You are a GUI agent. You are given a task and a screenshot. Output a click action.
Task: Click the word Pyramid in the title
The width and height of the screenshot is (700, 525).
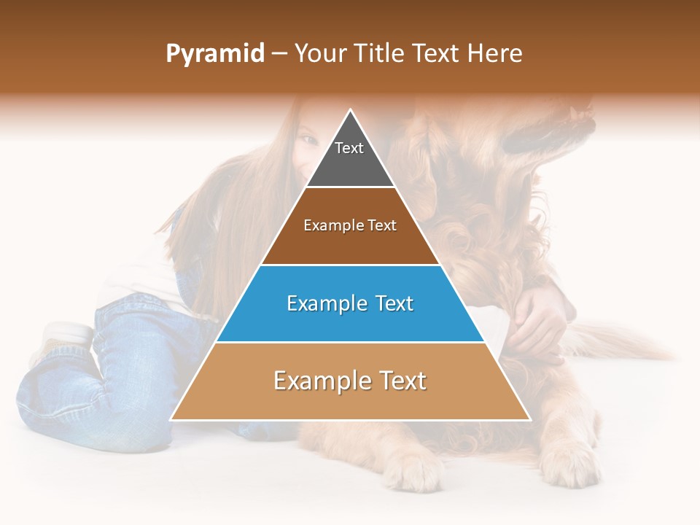215,54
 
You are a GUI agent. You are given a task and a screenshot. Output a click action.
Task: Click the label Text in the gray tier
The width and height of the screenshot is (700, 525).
349,148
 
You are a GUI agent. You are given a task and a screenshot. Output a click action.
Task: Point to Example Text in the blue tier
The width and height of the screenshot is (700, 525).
350,303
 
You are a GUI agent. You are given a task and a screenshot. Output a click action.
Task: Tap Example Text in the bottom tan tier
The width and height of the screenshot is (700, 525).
350,381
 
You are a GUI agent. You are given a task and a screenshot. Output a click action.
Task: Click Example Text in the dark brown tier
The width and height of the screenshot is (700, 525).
350,225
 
